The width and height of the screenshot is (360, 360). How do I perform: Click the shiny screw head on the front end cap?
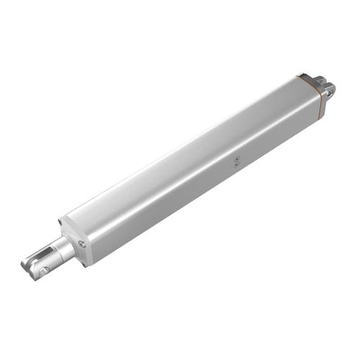[x=82, y=244]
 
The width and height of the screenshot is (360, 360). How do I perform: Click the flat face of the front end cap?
[x=75, y=240]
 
